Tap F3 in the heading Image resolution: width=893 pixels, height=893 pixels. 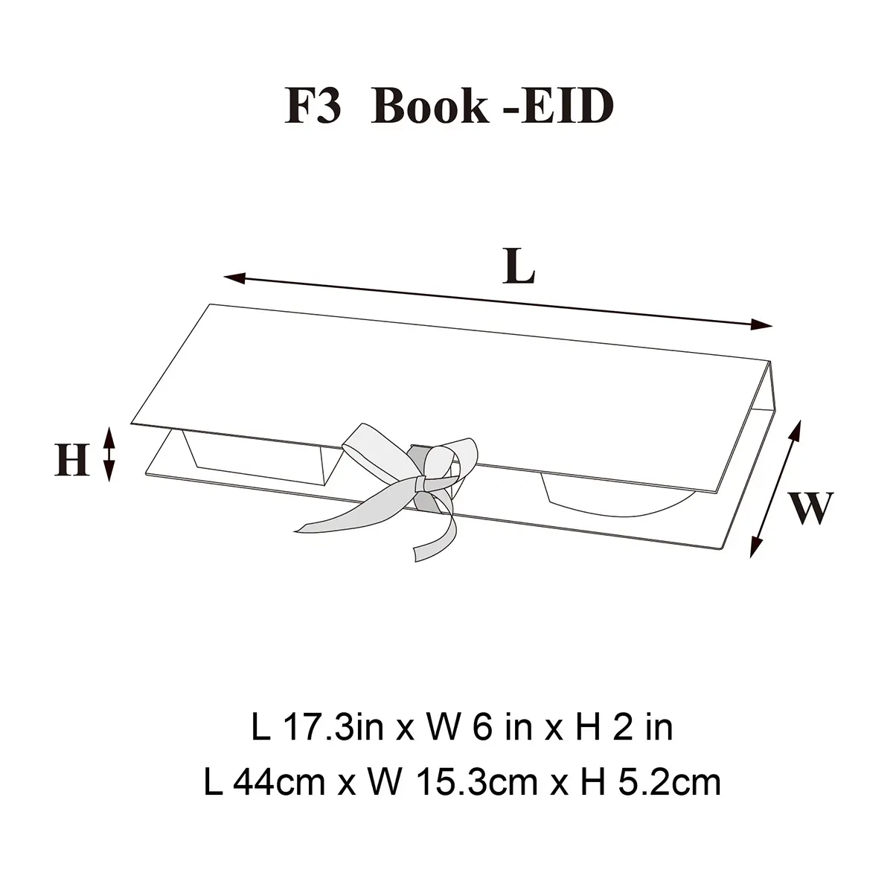[313, 106]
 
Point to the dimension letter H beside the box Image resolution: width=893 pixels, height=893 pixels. [72, 459]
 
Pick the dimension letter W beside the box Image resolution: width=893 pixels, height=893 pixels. [810, 508]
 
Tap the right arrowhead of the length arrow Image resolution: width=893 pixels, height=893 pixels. [762, 324]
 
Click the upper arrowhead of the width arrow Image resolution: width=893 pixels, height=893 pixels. [796, 432]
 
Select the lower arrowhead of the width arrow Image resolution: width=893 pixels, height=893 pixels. [756, 547]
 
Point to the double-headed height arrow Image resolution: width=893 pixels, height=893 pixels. [109, 454]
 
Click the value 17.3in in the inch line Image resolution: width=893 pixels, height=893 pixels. [333, 728]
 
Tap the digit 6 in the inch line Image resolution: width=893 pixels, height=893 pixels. [482, 728]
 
